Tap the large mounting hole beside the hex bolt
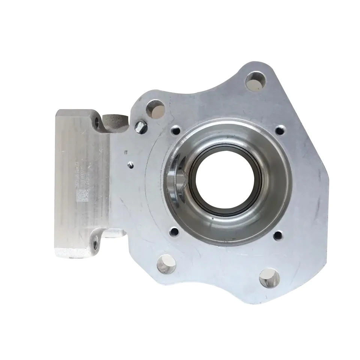coord(156,108)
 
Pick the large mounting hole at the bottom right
coord(270,278)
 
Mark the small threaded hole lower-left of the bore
coord(174,232)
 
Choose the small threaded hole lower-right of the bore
coord(278,235)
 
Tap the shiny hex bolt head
coord(140,127)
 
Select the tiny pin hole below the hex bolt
coord(130,164)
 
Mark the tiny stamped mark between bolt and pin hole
coord(126,151)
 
